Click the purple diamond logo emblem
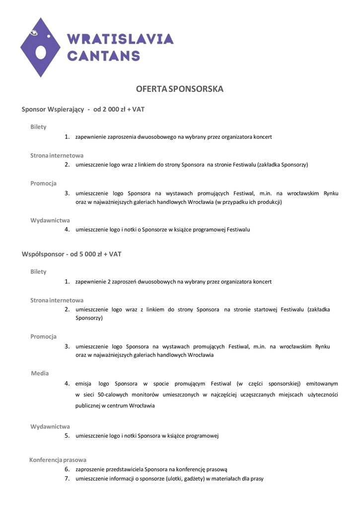click(x=41, y=47)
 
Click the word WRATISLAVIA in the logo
click(x=120, y=39)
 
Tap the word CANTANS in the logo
click(x=103, y=55)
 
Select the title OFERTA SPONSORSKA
click(x=180, y=89)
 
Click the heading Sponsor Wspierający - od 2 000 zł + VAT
click(x=83, y=109)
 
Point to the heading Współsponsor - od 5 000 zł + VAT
click(x=72, y=254)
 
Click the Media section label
click(x=40, y=373)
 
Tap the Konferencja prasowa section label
click(x=58, y=460)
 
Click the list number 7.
click(x=67, y=479)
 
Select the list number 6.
click(x=67, y=469)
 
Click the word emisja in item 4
click(x=83, y=383)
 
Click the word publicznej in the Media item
click(x=87, y=406)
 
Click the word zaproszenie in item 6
click(x=92, y=469)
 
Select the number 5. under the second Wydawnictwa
click(x=67, y=436)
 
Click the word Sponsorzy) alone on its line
click(x=89, y=318)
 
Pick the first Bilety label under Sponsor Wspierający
click(x=38, y=127)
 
